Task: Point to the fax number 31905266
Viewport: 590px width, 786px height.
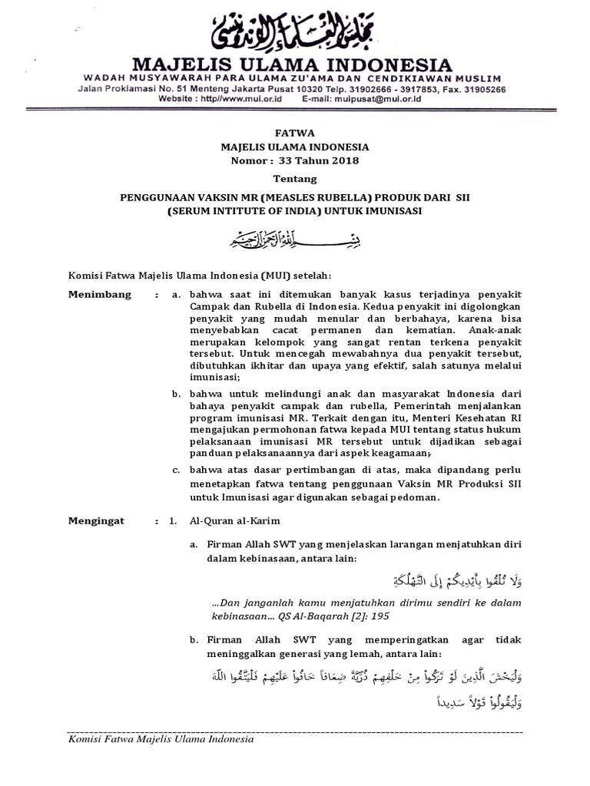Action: tap(485, 89)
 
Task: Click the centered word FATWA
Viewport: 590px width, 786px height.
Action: tap(294, 134)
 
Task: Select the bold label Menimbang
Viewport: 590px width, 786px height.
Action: tap(99, 295)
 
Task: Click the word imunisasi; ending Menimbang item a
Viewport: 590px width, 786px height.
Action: tap(216, 378)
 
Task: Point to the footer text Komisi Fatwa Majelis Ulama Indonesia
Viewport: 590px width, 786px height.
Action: tap(161, 740)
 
